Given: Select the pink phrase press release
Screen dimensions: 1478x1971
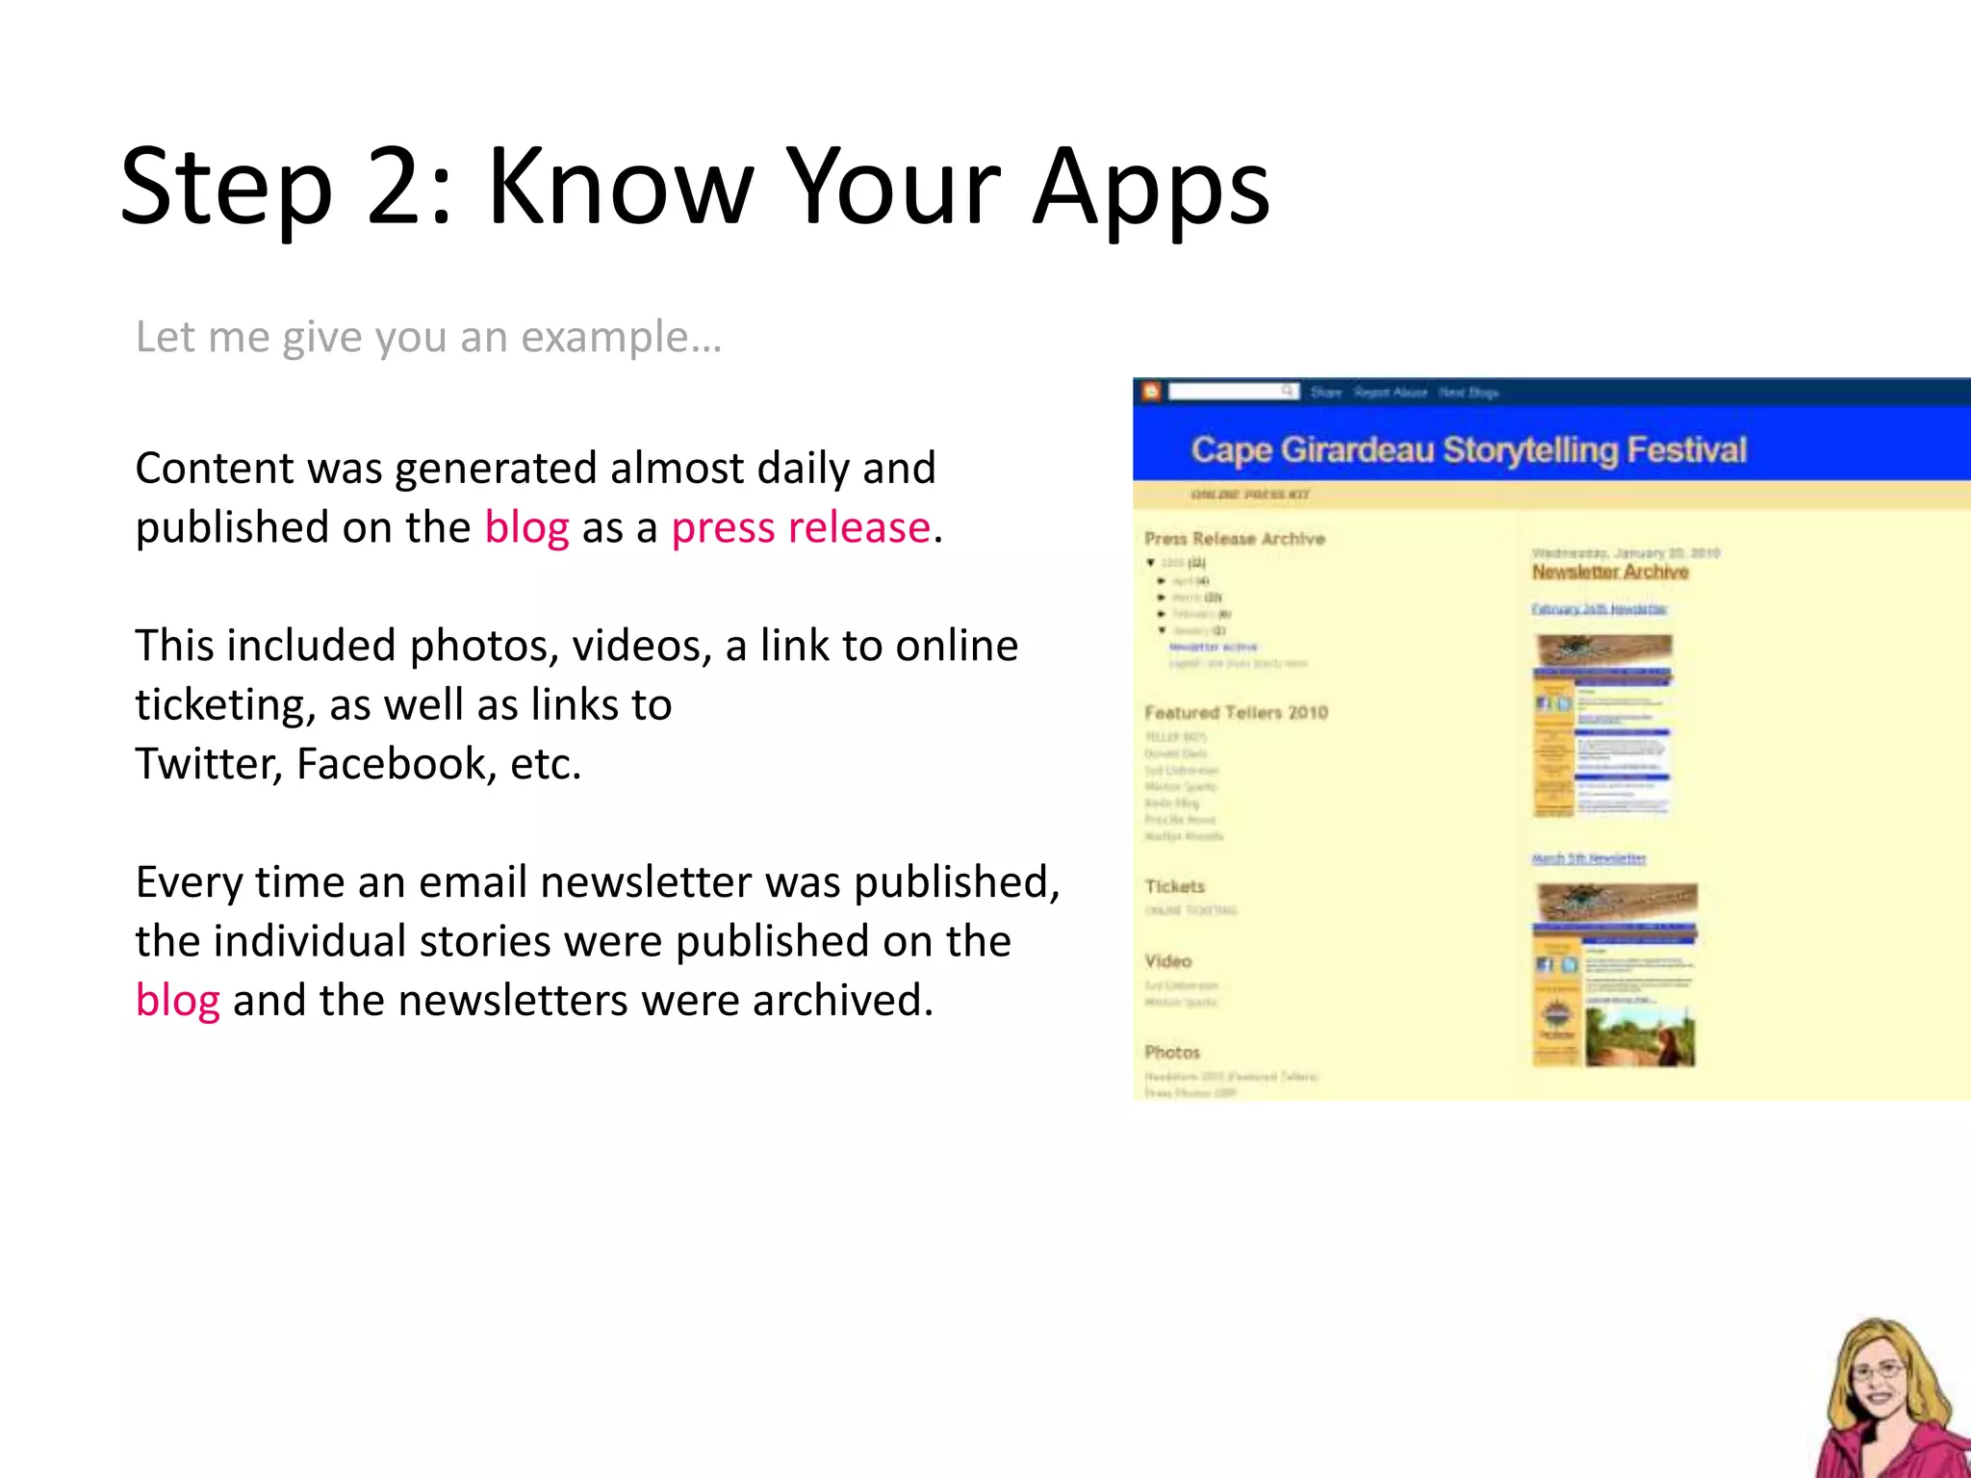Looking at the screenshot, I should pyautogui.click(x=801, y=528).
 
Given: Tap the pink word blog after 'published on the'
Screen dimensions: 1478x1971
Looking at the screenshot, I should pyautogui.click(x=526, y=528).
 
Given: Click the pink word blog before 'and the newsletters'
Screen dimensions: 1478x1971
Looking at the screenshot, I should pyautogui.click(x=177, y=1001).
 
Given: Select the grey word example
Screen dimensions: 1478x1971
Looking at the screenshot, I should pyautogui.click(x=604, y=338).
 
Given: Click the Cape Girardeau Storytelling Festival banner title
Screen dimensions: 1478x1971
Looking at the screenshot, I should pyautogui.click(x=1468, y=450).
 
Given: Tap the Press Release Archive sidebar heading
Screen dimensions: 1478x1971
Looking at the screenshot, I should pyautogui.click(x=1234, y=539).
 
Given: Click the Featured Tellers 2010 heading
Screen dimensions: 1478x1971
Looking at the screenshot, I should pyautogui.click(x=1236, y=713).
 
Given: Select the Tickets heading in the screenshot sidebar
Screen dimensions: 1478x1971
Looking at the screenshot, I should pyautogui.click(x=1174, y=886).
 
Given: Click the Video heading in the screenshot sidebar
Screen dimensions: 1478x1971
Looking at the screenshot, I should pyautogui.click(x=1167, y=961).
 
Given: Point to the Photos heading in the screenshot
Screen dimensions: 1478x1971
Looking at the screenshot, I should pyautogui.click(x=1171, y=1053).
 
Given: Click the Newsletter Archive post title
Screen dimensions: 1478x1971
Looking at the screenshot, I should pyautogui.click(x=1609, y=573).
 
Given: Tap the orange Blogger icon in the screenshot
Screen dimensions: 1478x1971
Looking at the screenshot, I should pyautogui.click(x=1150, y=392).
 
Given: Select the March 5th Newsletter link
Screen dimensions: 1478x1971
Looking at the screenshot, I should pyautogui.click(x=1588, y=858).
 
